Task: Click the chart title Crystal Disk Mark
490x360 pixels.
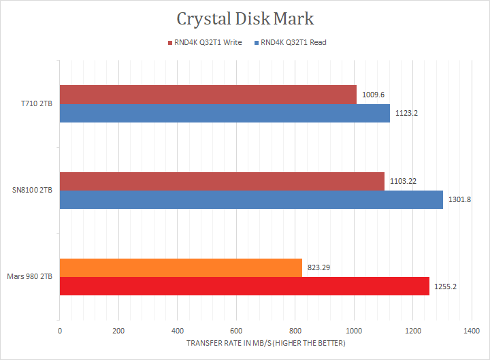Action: [245, 18]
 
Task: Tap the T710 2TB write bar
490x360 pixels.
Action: [208, 95]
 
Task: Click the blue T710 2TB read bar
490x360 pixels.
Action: [225, 113]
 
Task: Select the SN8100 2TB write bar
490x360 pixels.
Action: [222, 181]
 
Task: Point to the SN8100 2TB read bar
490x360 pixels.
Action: [251, 199]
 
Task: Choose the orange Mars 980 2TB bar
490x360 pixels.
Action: [180, 268]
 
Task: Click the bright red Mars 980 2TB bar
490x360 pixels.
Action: [244, 287]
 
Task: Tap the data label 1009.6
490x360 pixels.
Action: [373, 95]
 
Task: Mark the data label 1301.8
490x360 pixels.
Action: [460, 199]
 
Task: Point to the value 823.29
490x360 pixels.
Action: [320, 268]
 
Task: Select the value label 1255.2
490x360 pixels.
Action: [445, 287]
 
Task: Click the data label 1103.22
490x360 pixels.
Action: [403, 181]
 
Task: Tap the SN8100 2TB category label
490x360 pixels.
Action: [33, 191]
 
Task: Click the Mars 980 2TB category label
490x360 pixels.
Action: [30, 277]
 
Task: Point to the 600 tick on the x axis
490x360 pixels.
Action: [236, 331]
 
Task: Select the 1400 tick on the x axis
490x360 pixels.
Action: [471, 331]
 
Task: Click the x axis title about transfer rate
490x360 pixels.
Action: [265, 343]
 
